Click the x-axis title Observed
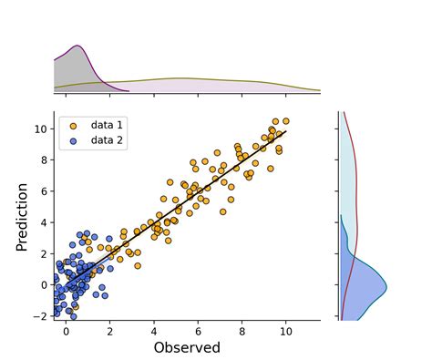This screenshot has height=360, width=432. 187,347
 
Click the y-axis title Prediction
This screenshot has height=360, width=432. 23,216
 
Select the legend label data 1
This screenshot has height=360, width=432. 107,124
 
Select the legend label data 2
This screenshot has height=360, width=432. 107,139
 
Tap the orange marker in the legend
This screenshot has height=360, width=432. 73,124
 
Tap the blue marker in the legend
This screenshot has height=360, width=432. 73,139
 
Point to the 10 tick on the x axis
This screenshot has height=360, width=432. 286,320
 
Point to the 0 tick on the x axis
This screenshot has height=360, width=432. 67,320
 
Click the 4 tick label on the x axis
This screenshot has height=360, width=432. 154,330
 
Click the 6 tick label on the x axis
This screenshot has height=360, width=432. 198,330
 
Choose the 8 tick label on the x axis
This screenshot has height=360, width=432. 242,330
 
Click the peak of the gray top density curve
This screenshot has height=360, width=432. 78,46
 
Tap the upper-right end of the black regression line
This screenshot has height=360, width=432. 286,131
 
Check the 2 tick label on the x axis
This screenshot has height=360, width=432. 110,330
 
